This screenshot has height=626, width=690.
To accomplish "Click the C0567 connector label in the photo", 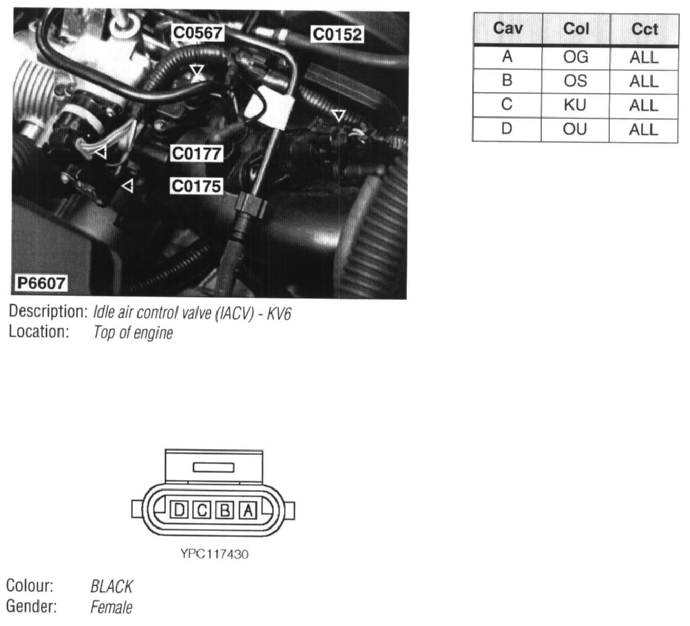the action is click(198, 33).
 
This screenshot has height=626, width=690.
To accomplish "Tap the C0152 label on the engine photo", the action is click(338, 34).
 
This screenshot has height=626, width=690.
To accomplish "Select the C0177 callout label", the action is click(196, 153).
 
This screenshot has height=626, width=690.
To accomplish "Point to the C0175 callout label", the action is click(196, 186).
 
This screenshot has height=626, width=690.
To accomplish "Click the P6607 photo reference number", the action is click(41, 283).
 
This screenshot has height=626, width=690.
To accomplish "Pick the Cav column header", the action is click(508, 28).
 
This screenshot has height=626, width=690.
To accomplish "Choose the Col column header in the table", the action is click(576, 29).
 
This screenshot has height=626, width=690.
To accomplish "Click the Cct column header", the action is click(644, 29).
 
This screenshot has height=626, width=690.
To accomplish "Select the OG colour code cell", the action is click(576, 57).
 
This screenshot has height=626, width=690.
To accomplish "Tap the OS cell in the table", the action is click(576, 81).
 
